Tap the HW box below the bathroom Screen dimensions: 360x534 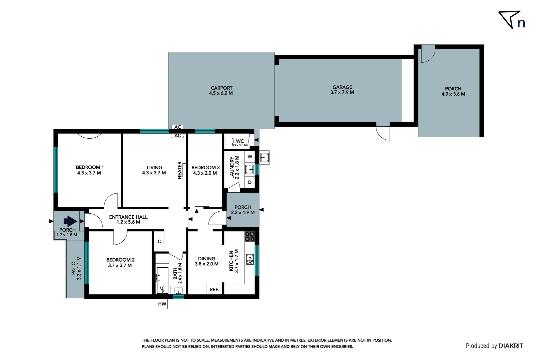(x=162, y=304)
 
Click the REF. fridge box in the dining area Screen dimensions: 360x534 (x=214, y=289)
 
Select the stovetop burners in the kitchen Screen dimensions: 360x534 (x=250, y=236)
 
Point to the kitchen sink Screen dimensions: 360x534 (x=250, y=259)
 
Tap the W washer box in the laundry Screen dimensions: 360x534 (x=250, y=156)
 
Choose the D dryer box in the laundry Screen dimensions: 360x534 (x=250, y=182)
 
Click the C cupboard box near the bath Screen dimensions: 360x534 (x=159, y=241)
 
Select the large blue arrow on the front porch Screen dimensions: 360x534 (x=70, y=221)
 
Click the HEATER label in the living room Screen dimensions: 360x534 (x=180, y=170)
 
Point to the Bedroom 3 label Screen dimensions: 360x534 (x=205, y=168)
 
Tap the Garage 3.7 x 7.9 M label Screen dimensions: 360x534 (x=342, y=90)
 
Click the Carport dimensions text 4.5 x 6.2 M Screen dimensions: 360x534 (x=221, y=93)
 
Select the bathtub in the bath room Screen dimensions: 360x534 (x=162, y=280)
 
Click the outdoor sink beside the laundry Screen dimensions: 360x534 (x=264, y=157)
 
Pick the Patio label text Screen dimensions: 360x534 (x=73, y=268)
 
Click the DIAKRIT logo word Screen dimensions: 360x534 (x=511, y=346)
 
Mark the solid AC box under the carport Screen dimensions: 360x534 (x=178, y=127)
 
